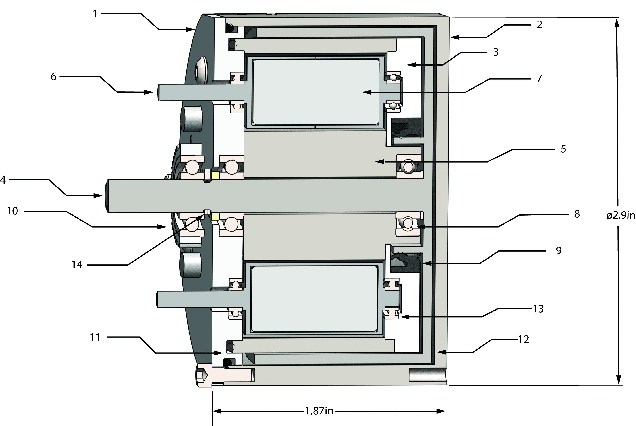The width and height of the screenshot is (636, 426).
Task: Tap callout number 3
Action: click(496, 52)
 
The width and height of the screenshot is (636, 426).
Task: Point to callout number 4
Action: click(3, 180)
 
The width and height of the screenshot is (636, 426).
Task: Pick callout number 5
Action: click(563, 149)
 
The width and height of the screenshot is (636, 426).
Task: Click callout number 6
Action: click(53, 77)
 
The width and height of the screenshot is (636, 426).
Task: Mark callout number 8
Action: click(577, 214)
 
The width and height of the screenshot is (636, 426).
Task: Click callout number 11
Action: click(95, 337)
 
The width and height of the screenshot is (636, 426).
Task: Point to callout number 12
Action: click(524, 339)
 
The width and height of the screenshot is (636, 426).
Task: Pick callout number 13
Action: click(538, 309)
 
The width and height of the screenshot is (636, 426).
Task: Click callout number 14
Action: click(77, 265)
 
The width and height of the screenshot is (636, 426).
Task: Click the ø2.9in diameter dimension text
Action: click(621, 215)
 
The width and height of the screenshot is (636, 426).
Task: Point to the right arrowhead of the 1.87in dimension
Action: click(442, 411)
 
